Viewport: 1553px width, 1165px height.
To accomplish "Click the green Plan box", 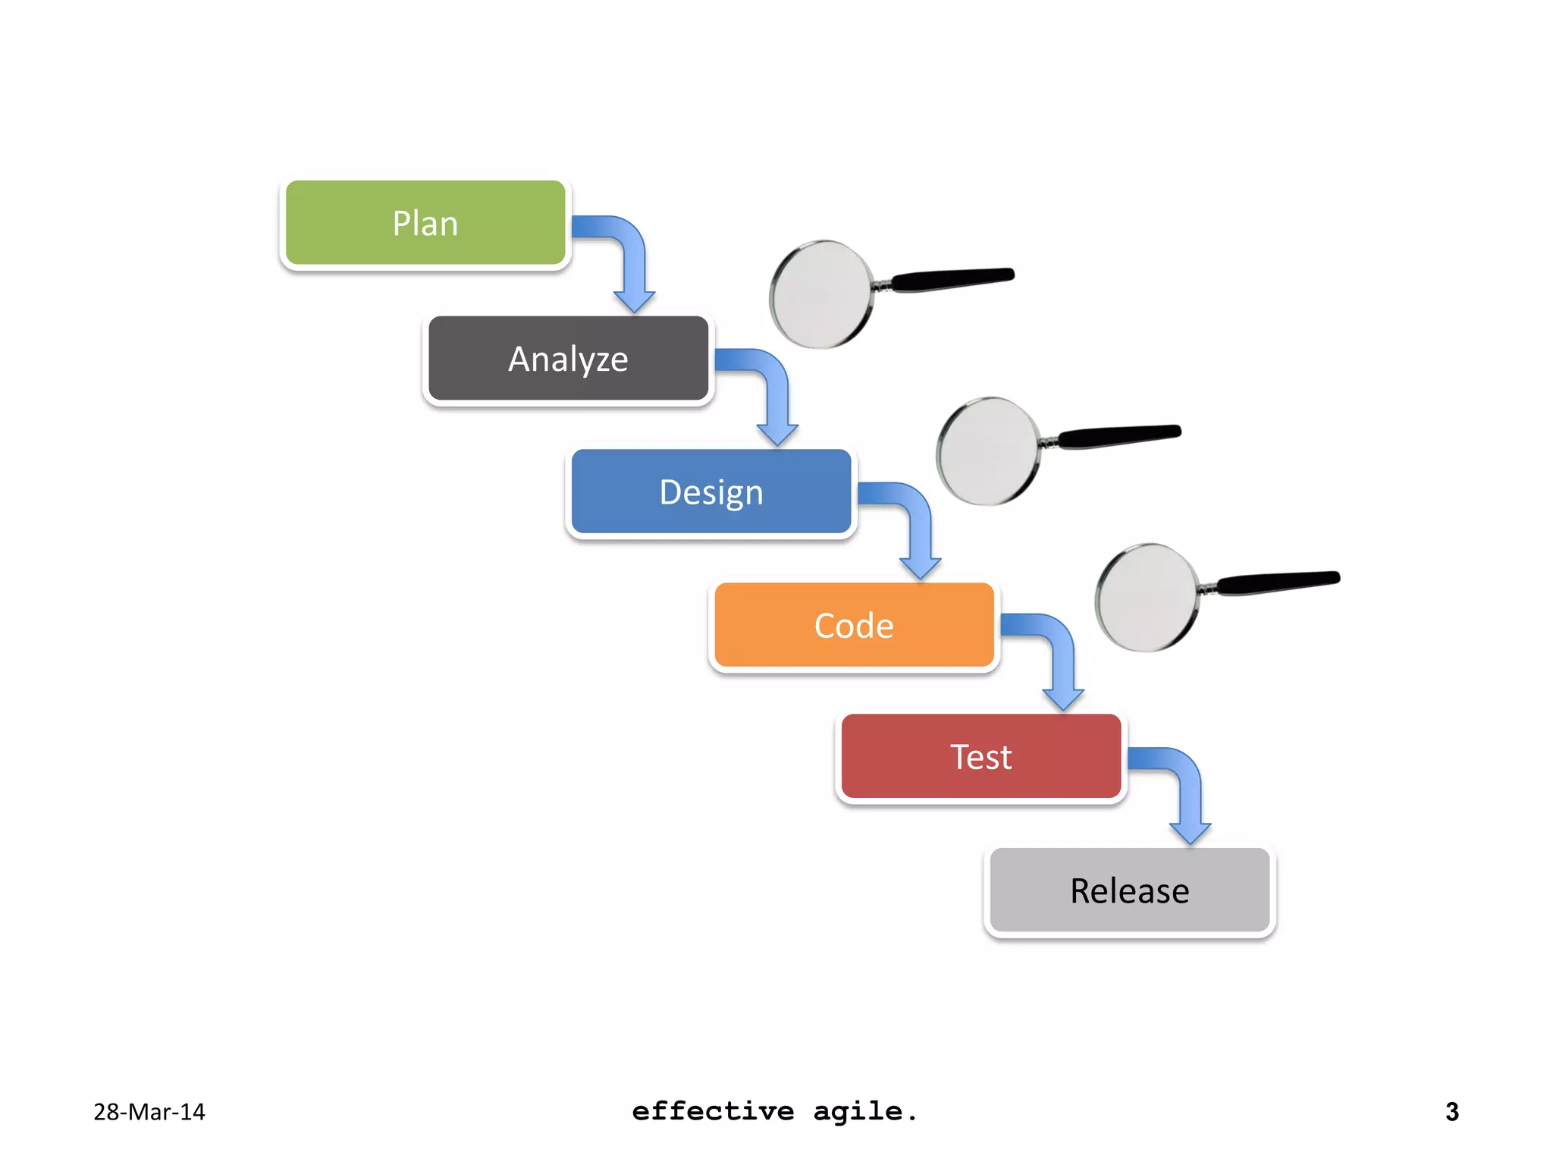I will coord(425,223).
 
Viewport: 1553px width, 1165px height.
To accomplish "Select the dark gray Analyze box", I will coord(568,359).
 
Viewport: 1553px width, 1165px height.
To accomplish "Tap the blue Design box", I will coord(711,492).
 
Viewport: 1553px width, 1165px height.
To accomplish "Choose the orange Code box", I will coord(854,626).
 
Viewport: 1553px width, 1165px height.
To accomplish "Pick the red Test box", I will coord(980,756).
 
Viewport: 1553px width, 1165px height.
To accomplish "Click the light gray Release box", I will coord(1129,890).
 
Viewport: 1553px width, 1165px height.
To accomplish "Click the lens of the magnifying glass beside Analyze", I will coord(820,294).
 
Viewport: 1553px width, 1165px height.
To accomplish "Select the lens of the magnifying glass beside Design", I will coord(987,451).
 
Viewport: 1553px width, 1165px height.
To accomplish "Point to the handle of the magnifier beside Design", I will coord(1119,435).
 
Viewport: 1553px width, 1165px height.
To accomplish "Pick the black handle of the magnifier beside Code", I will coord(1278,582).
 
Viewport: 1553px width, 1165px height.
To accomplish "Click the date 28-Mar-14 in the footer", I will coord(149,1112).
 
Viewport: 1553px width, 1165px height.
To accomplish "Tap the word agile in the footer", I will coord(858,1112).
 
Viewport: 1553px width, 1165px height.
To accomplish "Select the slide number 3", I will coord(1451,1112).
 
